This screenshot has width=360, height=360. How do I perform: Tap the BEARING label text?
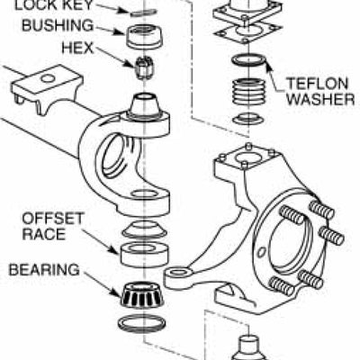42,269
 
